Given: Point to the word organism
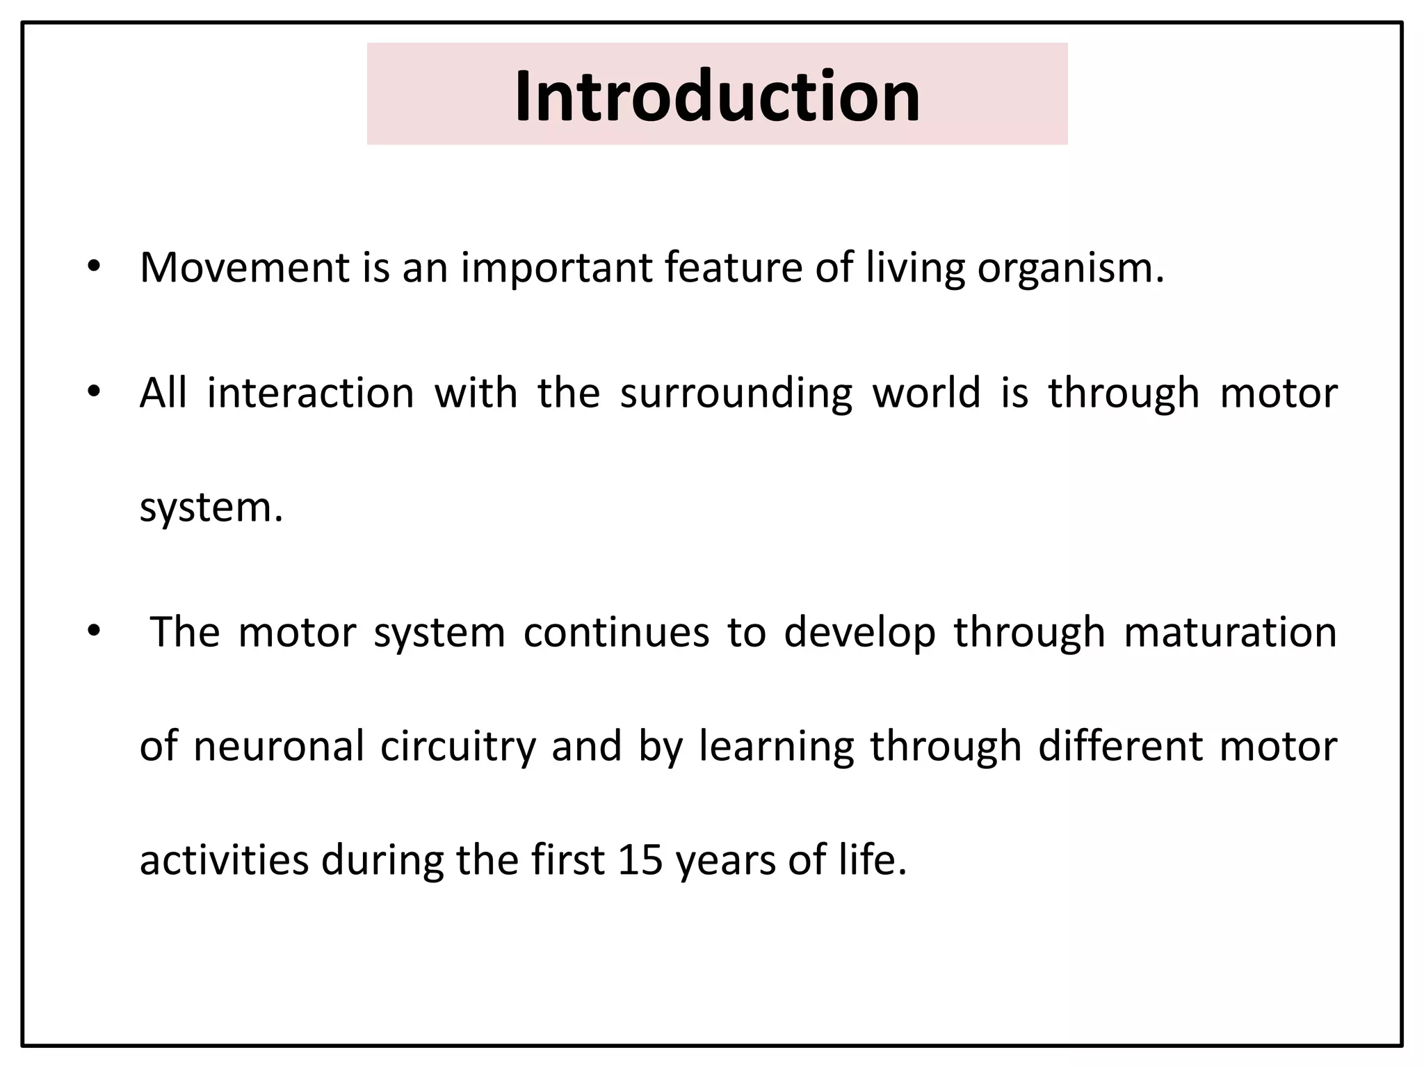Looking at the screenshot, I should (1069, 268).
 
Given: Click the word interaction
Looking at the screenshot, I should (311, 394).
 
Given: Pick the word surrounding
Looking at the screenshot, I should (736, 394).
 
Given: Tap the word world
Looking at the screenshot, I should (926, 392).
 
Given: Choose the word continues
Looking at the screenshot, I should (616, 633).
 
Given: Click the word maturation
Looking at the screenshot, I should (1230, 632).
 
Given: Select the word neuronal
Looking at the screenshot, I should (279, 746).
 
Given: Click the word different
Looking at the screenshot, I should (1119, 746).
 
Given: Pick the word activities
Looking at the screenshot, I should (224, 859).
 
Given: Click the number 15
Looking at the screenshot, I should (640, 859).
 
